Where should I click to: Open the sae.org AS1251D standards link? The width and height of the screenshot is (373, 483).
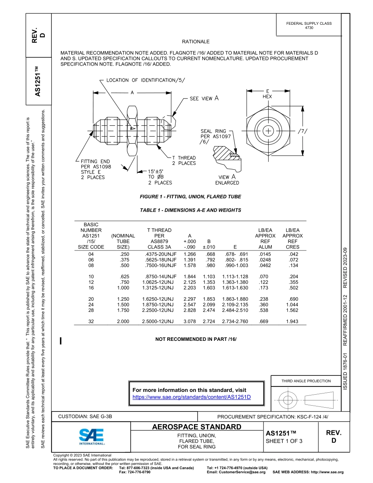point(192,397)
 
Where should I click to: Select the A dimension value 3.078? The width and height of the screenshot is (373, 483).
point(190,322)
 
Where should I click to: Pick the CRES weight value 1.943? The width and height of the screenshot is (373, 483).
point(292,322)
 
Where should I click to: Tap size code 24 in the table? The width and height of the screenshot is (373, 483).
point(91,304)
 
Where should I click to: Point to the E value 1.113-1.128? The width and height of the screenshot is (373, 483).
point(235,276)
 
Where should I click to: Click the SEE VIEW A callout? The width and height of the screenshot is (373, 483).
point(204,99)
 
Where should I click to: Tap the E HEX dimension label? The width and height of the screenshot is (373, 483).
point(267,93)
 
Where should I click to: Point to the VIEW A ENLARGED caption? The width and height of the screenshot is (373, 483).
point(227,180)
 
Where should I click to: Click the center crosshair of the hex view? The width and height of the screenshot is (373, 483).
point(268,131)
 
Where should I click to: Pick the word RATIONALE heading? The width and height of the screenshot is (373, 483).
point(196,42)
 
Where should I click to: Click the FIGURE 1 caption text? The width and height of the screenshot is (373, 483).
point(190,196)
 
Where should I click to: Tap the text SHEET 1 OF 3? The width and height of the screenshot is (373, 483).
point(284,441)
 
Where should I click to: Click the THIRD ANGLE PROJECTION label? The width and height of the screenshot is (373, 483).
point(306,381)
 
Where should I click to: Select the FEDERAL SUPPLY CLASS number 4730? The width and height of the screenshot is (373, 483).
point(309,28)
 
